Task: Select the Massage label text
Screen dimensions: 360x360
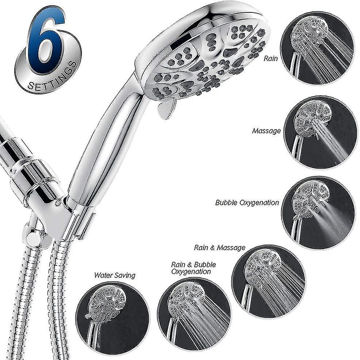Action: [x=266, y=130]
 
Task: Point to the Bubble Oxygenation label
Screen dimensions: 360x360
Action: [x=247, y=203]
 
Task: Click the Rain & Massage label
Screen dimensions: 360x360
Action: [x=220, y=248]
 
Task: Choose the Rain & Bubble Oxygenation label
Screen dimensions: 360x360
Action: [x=193, y=268]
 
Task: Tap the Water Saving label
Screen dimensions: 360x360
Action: [x=114, y=275]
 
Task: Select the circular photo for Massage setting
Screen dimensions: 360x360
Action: [x=321, y=132]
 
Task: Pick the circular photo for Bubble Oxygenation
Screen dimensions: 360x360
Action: [x=318, y=213]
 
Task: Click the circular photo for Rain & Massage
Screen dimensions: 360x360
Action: [x=268, y=281]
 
